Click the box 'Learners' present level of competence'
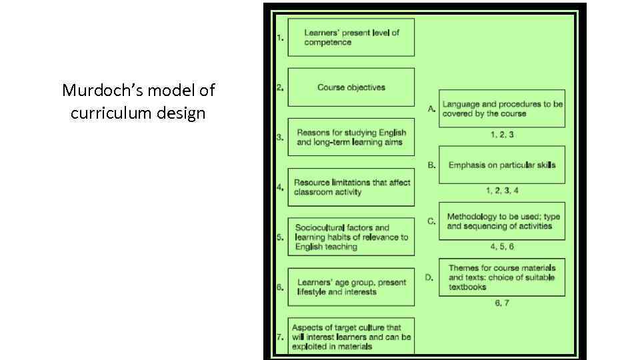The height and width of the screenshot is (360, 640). click(351, 37)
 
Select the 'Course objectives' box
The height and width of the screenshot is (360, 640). click(351, 87)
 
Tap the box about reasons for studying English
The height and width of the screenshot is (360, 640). click(351, 137)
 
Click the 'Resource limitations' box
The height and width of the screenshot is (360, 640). click(351, 187)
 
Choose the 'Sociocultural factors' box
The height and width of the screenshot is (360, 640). click(351, 237)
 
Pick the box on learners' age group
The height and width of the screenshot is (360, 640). click(351, 287)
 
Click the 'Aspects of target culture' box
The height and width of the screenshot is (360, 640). click(351, 337)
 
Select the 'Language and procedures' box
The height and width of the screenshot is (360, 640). click(501, 109)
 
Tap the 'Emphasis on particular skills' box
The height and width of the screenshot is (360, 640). click(501, 165)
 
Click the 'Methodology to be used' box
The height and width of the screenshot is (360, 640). click(501, 221)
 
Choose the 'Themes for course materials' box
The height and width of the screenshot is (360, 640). click(501, 277)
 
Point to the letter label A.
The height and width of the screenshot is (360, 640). click(431, 107)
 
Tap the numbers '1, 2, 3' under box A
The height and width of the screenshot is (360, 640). click(502, 135)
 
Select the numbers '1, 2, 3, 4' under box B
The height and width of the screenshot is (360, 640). click(502, 191)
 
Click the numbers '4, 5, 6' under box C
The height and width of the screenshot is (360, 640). click(502, 247)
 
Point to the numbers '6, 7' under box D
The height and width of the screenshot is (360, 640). click(502, 303)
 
